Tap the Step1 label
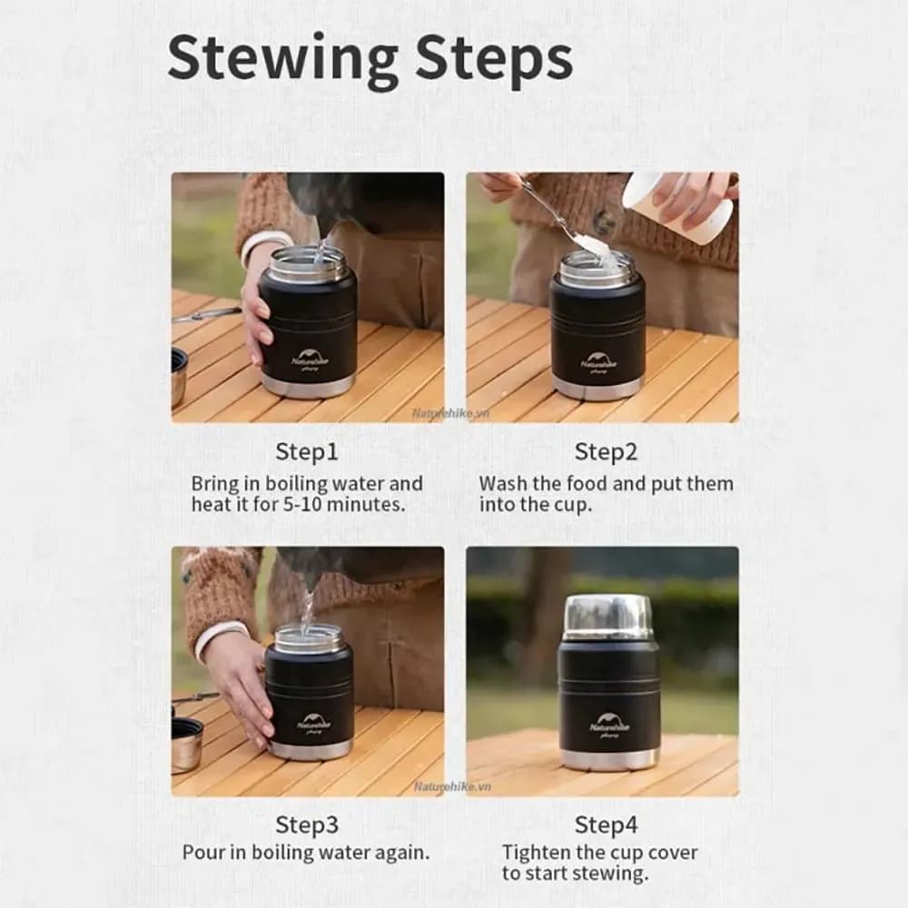click(x=306, y=451)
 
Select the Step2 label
click(x=606, y=451)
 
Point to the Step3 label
click(x=306, y=825)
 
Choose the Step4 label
click(x=606, y=825)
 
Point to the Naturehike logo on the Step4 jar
click(x=609, y=725)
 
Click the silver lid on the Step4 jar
click(x=608, y=617)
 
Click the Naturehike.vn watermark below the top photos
click(x=450, y=413)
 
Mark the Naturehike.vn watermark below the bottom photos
click(x=453, y=786)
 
